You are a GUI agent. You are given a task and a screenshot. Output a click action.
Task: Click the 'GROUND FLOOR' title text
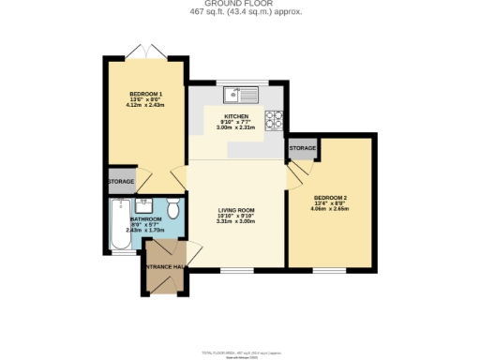(240, 4)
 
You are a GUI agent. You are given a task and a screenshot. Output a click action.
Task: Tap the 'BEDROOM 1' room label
(146, 94)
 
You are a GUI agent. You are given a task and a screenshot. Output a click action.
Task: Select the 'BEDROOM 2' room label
(331, 197)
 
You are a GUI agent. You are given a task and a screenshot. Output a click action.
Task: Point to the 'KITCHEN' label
(235, 117)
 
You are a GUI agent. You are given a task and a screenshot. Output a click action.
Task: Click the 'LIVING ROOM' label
(236, 211)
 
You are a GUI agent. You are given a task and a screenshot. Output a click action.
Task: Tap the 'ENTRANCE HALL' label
(164, 268)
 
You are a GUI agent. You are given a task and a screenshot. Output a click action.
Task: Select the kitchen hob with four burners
(276, 119)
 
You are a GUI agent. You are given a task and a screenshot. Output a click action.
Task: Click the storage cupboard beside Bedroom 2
(302, 148)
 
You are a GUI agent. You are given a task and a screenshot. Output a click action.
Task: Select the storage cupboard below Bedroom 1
(121, 181)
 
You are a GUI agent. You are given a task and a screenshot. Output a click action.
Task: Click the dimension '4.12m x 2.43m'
(146, 105)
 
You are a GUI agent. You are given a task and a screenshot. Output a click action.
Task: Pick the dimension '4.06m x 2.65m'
(331, 208)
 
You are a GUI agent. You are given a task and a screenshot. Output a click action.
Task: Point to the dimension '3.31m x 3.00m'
(236, 221)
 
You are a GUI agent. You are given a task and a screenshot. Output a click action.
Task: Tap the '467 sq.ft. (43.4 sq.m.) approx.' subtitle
(240, 13)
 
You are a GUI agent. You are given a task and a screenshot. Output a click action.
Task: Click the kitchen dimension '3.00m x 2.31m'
(235, 127)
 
